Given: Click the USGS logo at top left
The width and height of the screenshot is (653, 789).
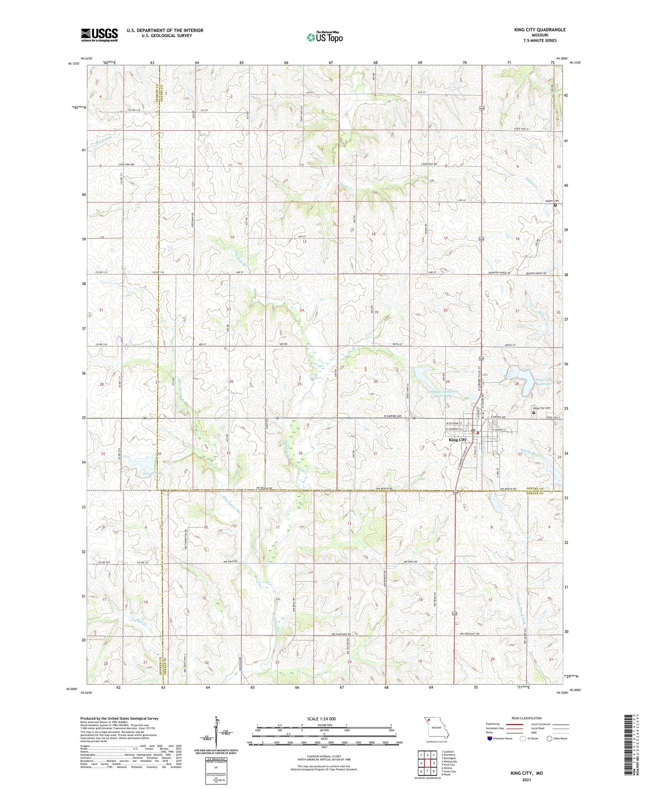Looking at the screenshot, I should click(99, 35).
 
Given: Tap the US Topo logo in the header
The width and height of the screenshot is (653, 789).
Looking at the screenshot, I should click(324, 37).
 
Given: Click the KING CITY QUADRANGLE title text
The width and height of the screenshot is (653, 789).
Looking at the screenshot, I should click(540, 30).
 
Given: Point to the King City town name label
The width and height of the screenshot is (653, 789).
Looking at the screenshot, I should click(457, 440).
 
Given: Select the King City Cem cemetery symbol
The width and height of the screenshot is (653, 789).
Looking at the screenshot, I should click(534, 413).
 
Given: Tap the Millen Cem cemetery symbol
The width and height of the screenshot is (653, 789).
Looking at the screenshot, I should click(555, 205).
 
